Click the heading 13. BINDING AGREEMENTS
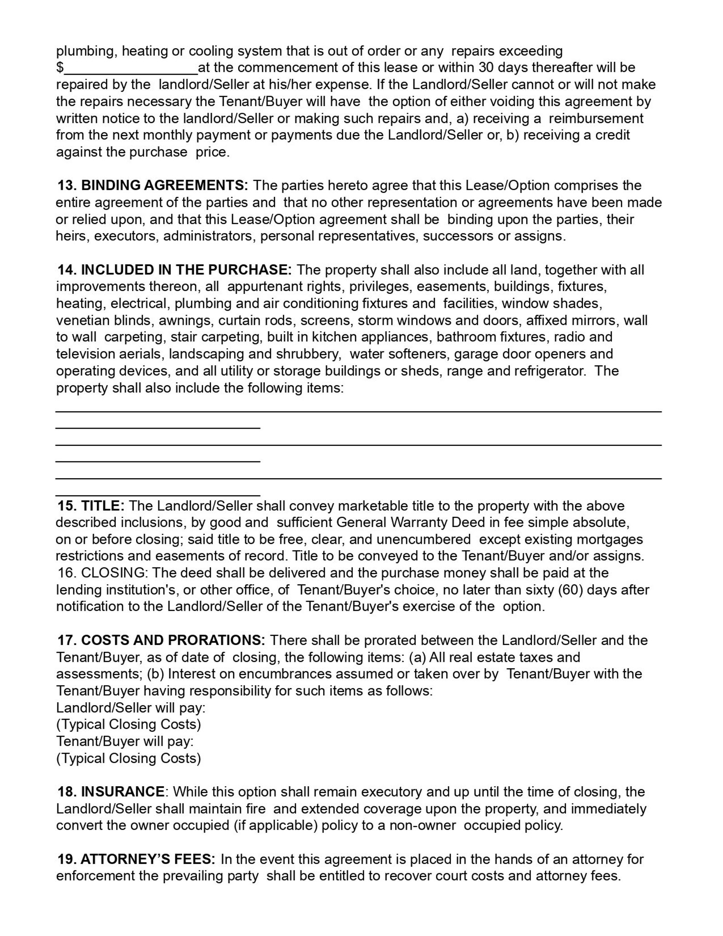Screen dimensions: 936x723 pos(153,185)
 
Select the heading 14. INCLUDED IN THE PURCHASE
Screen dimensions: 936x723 pos(174,270)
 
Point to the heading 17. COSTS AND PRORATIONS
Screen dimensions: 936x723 pos(161,640)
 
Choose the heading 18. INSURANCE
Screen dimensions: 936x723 pos(111,792)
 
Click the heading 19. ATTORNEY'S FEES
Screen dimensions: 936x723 pos(136,859)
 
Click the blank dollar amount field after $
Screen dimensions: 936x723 pos(131,68)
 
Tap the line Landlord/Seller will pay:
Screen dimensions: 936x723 pos(131,707)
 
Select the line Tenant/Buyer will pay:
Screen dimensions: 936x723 pos(125,741)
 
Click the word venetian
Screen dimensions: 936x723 pos(82,320)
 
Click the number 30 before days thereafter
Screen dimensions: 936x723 pos(486,67)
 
